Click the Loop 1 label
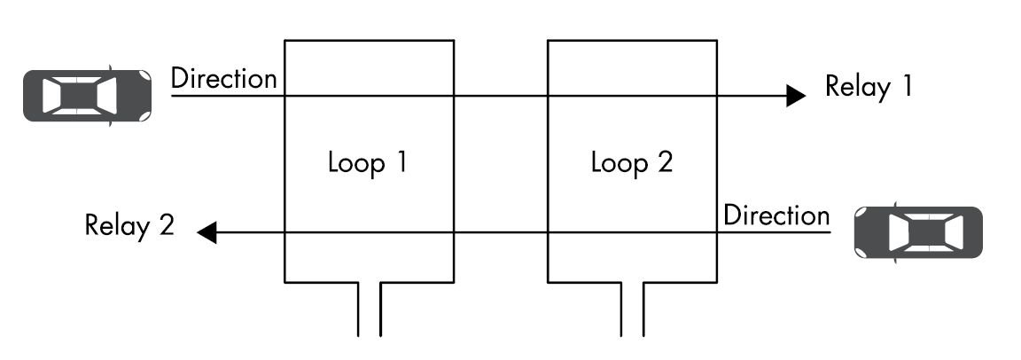tap(368, 163)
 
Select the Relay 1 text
tap(868, 86)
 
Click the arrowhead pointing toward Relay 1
tap(795, 95)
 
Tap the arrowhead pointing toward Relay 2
tap(207, 233)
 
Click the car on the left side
tap(87, 94)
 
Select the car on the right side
tap(918, 232)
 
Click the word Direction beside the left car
tap(223, 78)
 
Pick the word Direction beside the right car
tap(776, 215)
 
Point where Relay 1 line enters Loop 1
tap(284, 95)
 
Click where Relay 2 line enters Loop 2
tap(716, 233)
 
